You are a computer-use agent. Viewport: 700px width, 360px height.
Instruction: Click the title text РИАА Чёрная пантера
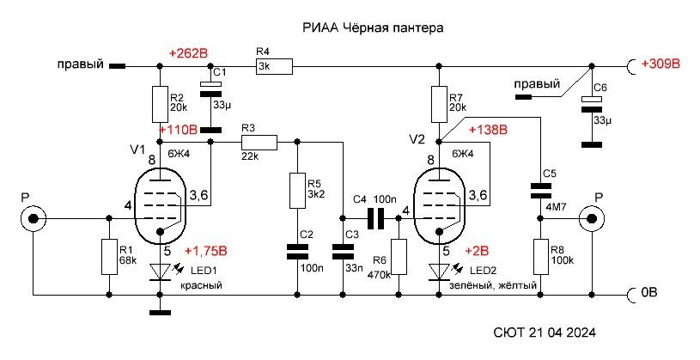point(374,28)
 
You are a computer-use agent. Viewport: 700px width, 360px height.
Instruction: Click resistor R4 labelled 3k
point(274,64)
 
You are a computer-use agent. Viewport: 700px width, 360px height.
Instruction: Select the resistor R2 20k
point(160,103)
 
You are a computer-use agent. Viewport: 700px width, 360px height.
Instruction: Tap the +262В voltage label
point(190,53)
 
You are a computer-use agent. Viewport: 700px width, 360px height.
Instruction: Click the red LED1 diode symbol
point(160,272)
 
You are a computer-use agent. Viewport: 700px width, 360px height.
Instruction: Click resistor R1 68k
point(107,256)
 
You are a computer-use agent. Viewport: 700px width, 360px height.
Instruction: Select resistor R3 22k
point(259,142)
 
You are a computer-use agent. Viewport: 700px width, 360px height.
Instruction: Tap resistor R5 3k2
point(295,191)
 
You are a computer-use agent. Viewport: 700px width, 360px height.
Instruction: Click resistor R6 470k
point(398,256)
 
